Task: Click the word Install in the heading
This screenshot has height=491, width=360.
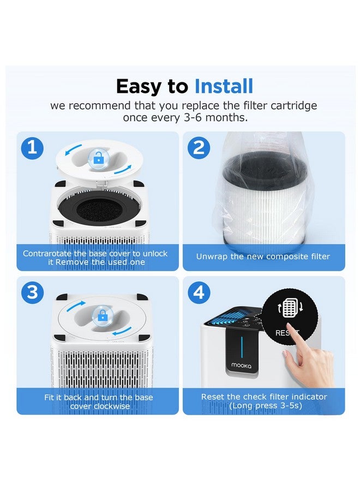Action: pyautogui.click(x=224, y=86)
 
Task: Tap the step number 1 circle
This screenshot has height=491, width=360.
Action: pyautogui.click(x=32, y=148)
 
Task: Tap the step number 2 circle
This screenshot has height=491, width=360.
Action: pyautogui.click(x=199, y=147)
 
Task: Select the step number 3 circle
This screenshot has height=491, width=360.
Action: pyautogui.click(x=32, y=292)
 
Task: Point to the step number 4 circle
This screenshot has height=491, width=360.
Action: pyautogui.click(x=199, y=292)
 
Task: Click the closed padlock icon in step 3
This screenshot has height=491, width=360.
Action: pyautogui.click(x=103, y=316)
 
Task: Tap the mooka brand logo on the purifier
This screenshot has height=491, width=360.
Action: pyautogui.click(x=241, y=365)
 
